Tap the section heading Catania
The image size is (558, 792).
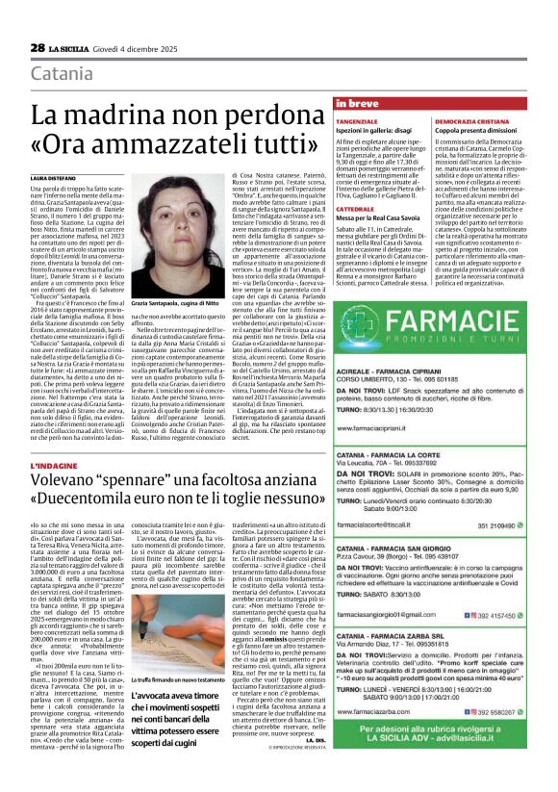[63, 74]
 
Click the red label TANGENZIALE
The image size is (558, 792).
[356, 121]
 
